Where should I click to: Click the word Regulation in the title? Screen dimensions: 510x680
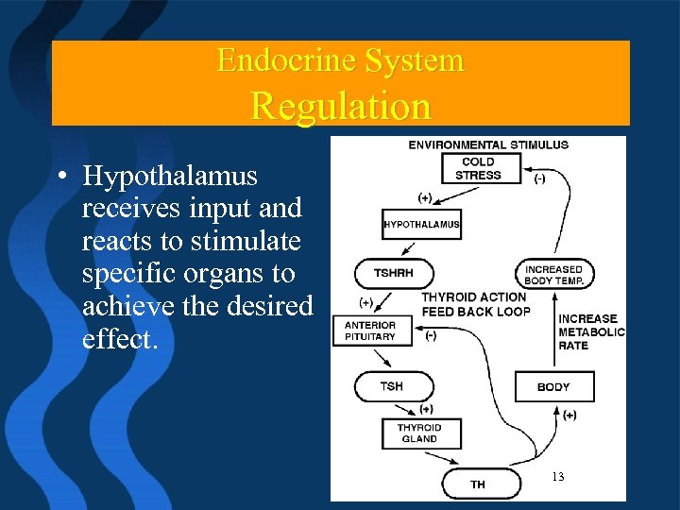[340, 105]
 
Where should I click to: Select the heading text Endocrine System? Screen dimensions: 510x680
[340, 61]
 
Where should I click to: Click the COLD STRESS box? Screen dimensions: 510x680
[478, 168]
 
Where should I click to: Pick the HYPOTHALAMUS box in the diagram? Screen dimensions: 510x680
[421, 225]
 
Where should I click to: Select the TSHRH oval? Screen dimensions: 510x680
[394, 273]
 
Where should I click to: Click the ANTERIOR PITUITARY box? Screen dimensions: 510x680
[371, 331]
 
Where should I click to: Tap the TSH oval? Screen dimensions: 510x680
[393, 386]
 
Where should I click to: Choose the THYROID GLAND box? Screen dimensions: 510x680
[419, 433]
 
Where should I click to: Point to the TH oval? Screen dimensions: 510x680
[480, 484]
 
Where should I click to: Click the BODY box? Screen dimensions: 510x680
[553, 386]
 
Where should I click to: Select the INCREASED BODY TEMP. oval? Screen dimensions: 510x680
[553, 275]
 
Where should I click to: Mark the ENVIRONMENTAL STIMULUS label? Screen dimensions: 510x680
[488, 144]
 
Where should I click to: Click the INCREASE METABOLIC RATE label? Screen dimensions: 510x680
[591, 331]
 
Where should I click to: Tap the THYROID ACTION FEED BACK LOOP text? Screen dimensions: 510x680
[475, 304]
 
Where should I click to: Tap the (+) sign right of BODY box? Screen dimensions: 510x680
[569, 416]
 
